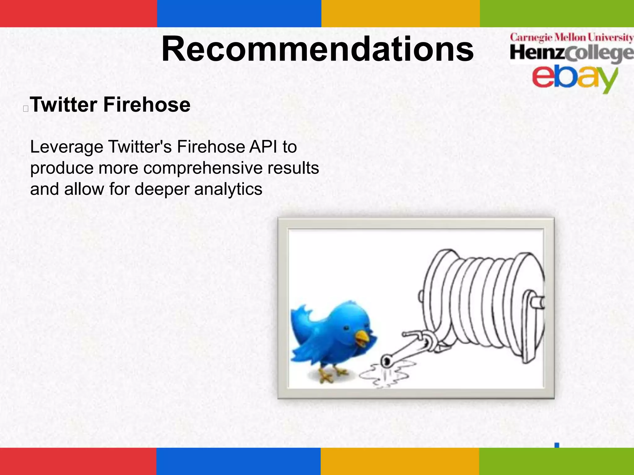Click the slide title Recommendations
click(x=317, y=49)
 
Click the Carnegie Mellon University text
click(x=571, y=38)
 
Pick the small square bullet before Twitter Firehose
click(x=26, y=109)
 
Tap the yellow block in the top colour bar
click(x=400, y=13)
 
